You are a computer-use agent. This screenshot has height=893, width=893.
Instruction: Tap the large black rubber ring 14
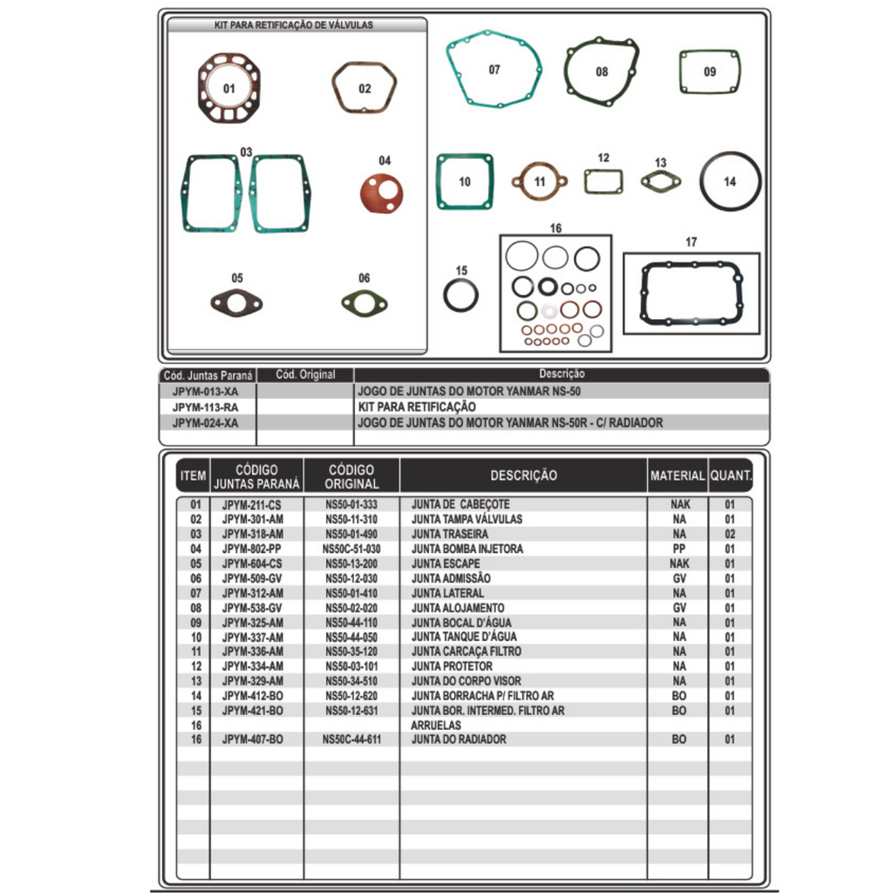pyautogui.click(x=730, y=181)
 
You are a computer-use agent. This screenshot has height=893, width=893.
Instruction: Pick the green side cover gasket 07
pyautogui.click(x=494, y=69)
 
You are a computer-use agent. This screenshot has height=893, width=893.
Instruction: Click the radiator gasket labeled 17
pyautogui.click(x=691, y=293)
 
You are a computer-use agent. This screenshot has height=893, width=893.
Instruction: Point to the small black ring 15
pyautogui.click(x=460, y=295)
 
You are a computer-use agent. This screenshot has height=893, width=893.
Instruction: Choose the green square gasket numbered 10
pyautogui.click(x=465, y=181)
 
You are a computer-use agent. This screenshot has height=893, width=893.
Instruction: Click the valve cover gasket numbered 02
pyautogui.click(x=365, y=87)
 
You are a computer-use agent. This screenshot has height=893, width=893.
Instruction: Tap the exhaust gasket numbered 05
pyautogui.click(x=236, y=303)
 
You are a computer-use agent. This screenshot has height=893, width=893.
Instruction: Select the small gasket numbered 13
pyautogui.click(x=660, y=181)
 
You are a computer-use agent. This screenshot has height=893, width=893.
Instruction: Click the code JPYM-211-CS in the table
pyautogui.click(x=252, y=504)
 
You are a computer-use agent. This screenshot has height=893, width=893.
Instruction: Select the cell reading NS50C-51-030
pyautogui.click(x=351, y=549)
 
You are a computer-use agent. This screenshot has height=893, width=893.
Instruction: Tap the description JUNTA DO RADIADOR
pyautogui.click(x=459, y=740)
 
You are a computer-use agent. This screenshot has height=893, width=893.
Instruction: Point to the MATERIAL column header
pyautogui.click(x=677, y=475)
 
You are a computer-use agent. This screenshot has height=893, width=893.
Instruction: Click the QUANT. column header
pyautogui.click(x=730, y=475)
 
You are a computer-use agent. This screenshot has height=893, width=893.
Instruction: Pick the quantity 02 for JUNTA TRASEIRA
pyautogui.click(x=729, y=534)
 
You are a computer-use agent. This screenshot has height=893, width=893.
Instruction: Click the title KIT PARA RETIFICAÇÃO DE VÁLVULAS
pyautogui.click(x=294, y=25)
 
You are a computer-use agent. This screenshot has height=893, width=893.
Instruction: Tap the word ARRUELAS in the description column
pyautogui.click(x=435, y=725)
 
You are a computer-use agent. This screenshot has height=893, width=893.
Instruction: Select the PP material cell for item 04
pyautogui.click(x=679, y=549)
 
